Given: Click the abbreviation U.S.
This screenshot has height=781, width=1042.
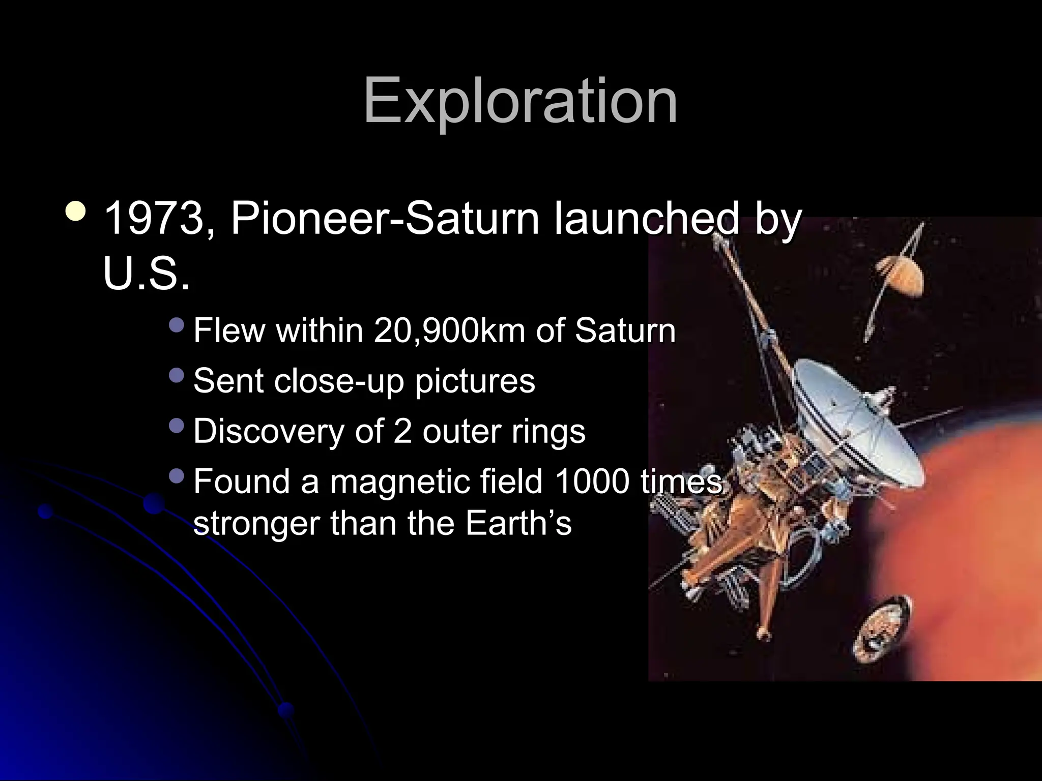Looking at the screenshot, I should point(147,274).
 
